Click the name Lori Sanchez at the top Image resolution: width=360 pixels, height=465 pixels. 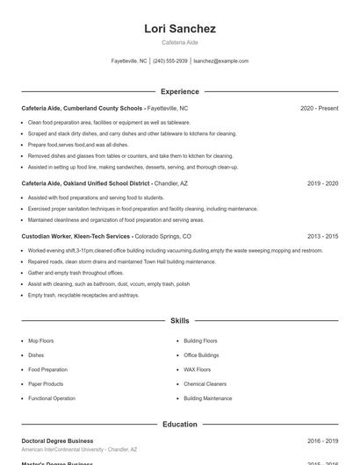click(x=180, y=29)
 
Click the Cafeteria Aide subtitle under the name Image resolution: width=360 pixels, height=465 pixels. click(x=180, y=42)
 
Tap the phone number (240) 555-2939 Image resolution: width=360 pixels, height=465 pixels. click(x=171, y=61)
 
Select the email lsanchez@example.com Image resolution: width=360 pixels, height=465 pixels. click(x=220, y=61)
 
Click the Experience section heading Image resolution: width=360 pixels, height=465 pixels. click(x=180, y=91)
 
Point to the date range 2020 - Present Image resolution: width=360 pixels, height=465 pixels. click(x=319, y=108)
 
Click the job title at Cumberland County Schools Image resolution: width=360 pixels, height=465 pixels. click(x=82, y=108)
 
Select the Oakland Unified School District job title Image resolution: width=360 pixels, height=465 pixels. click(x=86, y=183)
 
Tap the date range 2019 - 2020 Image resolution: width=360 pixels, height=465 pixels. click(x=322, y=183)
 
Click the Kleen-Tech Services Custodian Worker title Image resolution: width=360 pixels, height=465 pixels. click(x=76, y=236)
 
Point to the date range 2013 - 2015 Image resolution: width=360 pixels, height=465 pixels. click(x=322, y=236)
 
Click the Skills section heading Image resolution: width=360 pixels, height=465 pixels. click(x=180, y=321)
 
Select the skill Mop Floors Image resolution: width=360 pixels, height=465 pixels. click(x=40, y=340)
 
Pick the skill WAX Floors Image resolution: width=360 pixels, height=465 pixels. click(x=197, y=369)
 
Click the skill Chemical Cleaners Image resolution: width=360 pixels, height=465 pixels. click(x=205, y=383)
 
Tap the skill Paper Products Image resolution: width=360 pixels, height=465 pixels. click(x=46, y=383)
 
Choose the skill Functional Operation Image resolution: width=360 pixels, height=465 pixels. click(x=52, y=398)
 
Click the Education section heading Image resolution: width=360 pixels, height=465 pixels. click(x=180, y=425)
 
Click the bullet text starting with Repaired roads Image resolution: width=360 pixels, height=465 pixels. click(x=109, y=261)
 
